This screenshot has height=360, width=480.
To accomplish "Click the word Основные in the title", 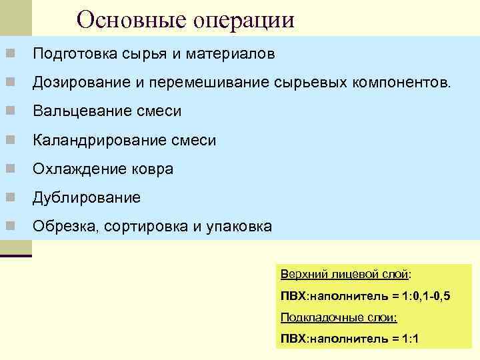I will [x=132, y=19].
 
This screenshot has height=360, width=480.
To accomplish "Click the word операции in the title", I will [x=243, y=20].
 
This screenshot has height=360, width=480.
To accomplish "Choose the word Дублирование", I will [x=87, y=197].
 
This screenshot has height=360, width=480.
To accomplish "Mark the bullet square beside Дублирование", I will [x=10, y=197].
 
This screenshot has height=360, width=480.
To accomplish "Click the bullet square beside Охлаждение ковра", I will [x=10, y=169].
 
